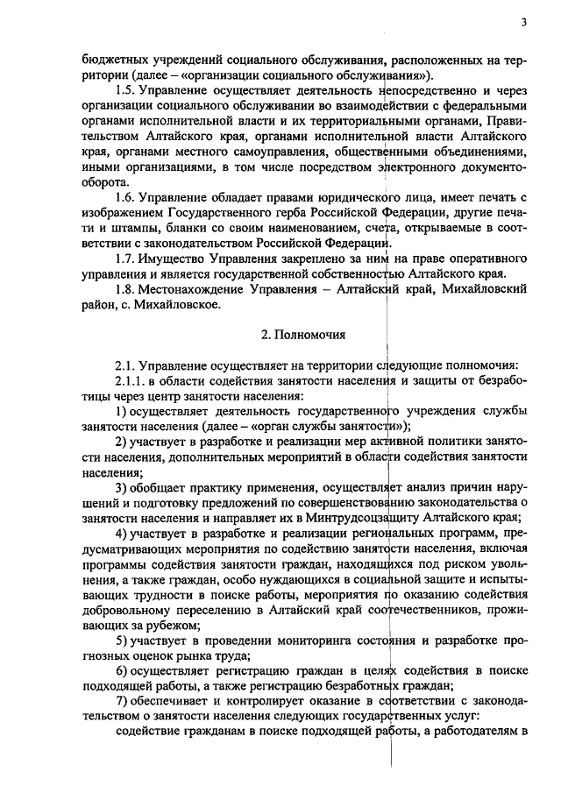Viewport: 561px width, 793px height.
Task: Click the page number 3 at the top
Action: tap(523, 23)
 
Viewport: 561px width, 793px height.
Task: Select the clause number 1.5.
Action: tap(127, 89)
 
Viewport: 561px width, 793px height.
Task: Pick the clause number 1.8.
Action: tap(127, 290)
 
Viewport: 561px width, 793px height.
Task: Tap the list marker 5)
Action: tap(122, 640)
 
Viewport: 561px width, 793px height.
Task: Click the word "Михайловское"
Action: tap(182, 305)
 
